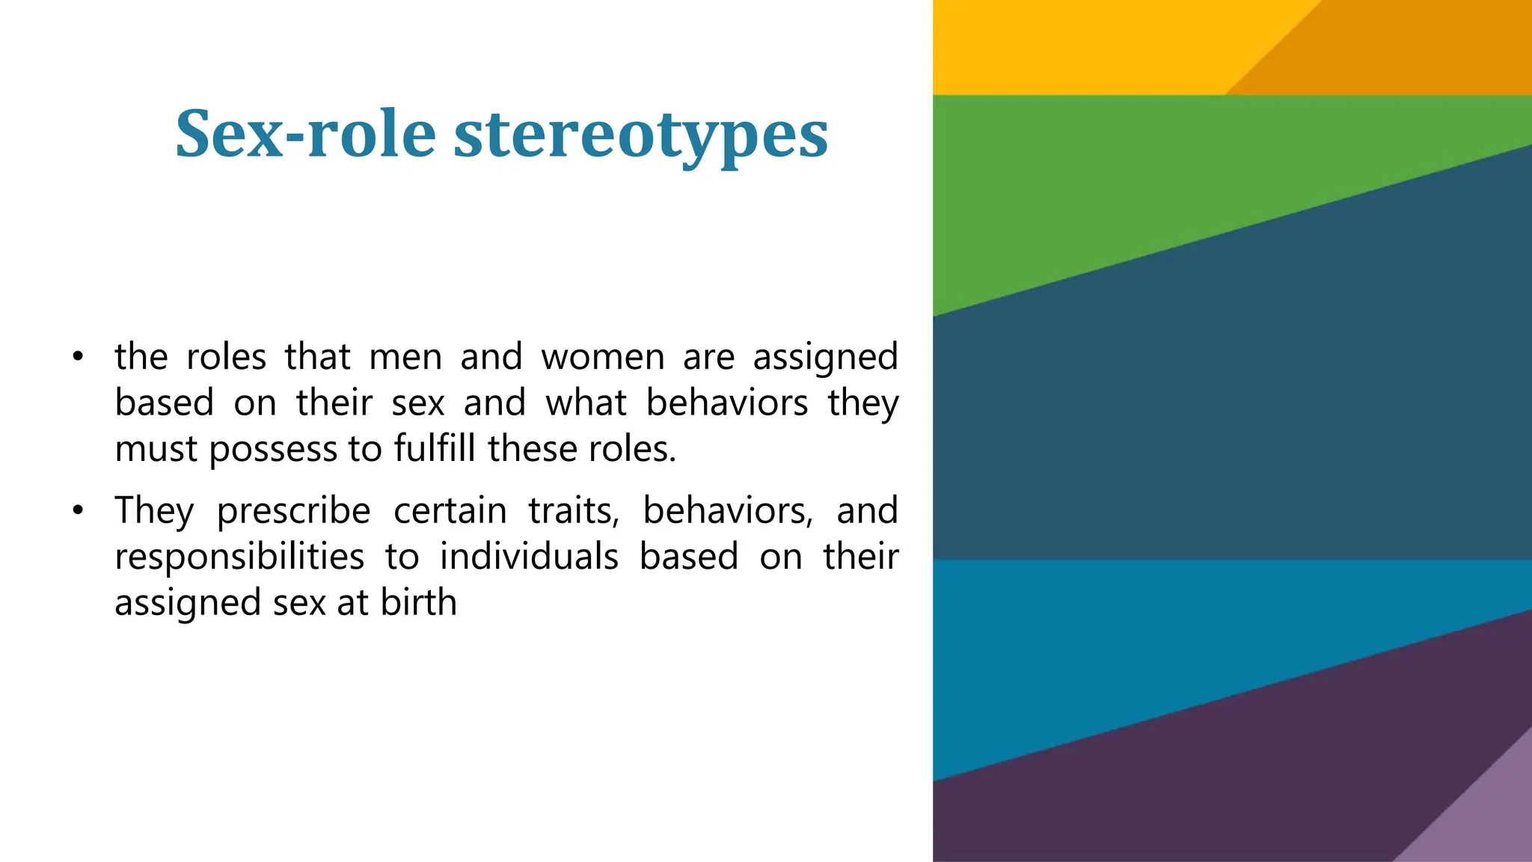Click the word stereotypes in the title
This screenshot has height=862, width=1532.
[x=641, y=135]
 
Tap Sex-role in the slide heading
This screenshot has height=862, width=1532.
[x=305, y=135]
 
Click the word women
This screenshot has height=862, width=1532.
[x=603, y=357]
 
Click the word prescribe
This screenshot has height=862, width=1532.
[x=293, y=512]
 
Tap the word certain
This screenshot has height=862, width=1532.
[x=450, y=511]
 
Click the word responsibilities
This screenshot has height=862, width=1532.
[x=239, y=557]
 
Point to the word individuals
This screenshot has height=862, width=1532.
[x=529, y=557]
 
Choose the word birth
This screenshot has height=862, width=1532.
[x=418, y=603]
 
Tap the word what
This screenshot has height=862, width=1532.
[x=585, y=403]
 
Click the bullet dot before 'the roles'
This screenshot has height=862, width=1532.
[x=78, y=357]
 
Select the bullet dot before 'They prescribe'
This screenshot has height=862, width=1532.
[x=78, y=512]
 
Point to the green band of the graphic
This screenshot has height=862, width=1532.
[x=1122, y=187]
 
